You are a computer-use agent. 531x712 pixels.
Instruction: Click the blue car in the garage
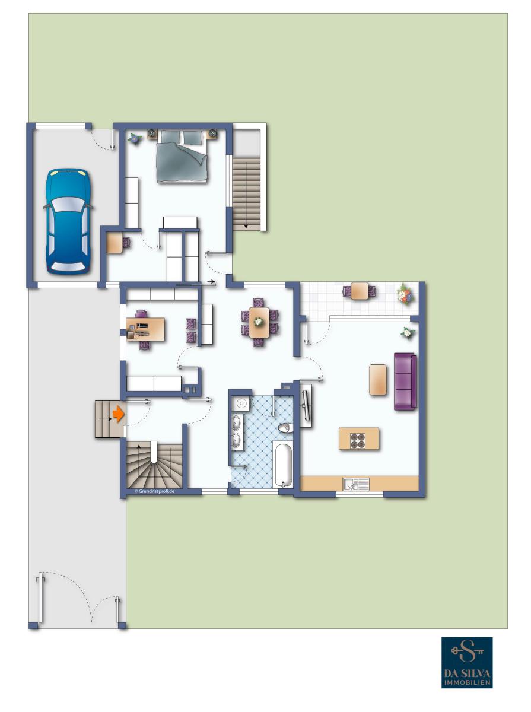point(68,221)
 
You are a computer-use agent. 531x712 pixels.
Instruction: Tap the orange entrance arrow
point(119,414)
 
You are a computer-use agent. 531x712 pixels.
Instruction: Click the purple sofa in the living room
point(405,382)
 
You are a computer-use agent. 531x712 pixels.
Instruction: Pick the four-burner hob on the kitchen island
point(358,440)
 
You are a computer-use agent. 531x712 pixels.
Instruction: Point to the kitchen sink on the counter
point(356,484)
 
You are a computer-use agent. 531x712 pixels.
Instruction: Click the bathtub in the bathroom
point(282,464)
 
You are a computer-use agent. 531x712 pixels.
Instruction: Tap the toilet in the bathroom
point(285,428)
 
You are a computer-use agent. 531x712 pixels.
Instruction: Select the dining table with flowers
point(259,322)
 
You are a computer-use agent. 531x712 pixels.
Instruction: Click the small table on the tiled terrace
point(360,291)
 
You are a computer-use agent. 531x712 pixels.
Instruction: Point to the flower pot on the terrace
point(405,294)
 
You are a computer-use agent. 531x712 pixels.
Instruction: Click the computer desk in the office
point(145,329)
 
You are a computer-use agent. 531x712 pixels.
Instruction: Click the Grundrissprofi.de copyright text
point(154,491)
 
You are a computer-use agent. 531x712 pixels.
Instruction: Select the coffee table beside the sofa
point(378,380)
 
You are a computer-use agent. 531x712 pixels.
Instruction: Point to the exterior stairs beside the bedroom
point(247,193)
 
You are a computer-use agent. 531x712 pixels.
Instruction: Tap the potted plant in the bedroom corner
point(134,138)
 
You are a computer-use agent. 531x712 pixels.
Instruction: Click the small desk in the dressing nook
point(115,243)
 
